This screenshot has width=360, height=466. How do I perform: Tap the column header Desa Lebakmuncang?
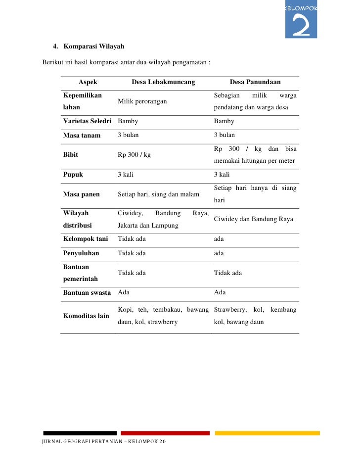tap(163, 82)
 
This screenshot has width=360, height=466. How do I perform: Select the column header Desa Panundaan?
tap(255, 82)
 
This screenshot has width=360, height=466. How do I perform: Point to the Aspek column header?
tap(88, 82)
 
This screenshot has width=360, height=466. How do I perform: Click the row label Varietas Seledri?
tap(87, 121)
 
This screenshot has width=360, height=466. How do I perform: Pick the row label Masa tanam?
tap(82, 135)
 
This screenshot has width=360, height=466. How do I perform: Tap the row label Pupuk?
tap(73, 175)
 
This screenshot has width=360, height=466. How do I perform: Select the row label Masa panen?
tap(81, 194)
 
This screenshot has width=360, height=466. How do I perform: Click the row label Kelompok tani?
tap(85, 239)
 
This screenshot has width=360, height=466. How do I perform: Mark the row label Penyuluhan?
tap(81, 253)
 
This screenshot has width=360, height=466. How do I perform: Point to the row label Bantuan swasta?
tap(87, 292)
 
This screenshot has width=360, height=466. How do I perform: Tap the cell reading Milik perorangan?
tap(142, 101)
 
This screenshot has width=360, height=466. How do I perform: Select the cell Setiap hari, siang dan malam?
tap(158, 194)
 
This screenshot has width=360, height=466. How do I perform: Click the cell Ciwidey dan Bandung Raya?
tap(253, 219)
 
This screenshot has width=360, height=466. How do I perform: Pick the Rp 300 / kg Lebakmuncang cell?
tap(134, 154)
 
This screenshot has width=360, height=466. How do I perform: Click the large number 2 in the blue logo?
tap(301, 26)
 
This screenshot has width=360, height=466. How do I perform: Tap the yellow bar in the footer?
tap(267, 433)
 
